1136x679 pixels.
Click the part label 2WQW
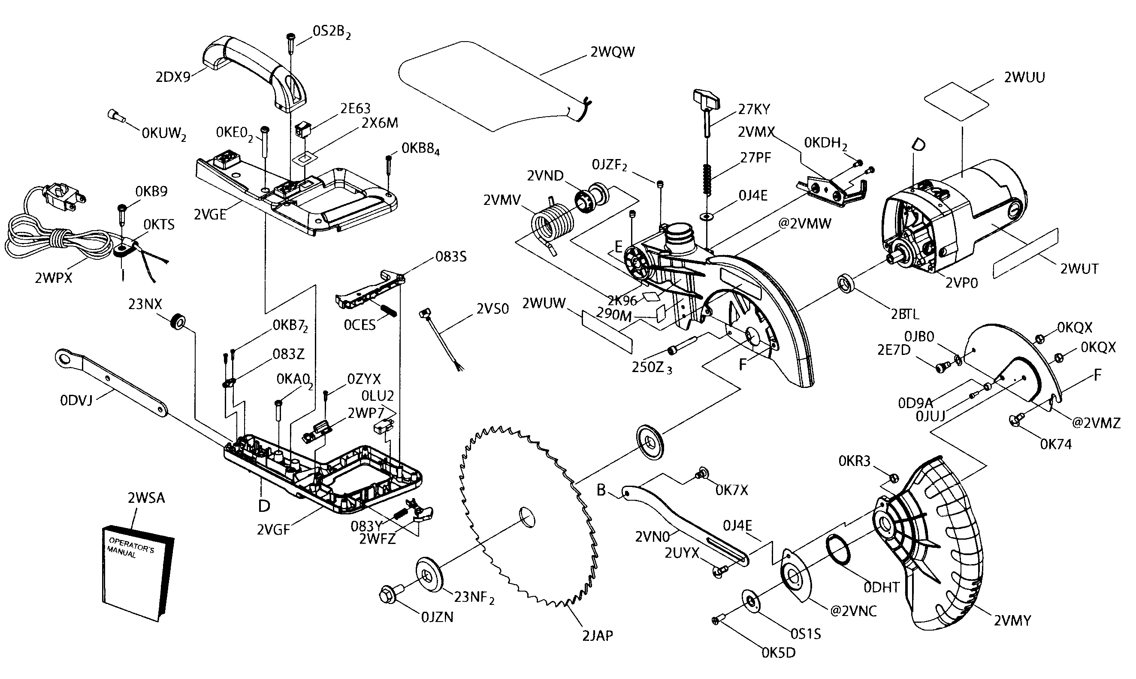(x=612, y=52)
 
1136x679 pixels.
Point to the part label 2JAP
(x=597, y=636)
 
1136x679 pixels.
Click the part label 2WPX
(x=54, y=278)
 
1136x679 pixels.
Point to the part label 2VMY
(x=1012, y=621)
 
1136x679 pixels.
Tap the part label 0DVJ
(x=76, y=400)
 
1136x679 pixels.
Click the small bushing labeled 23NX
(x=177, y=322)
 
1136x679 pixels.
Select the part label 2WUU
(x=1024, y=77)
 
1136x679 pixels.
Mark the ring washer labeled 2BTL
(x=845, y=284)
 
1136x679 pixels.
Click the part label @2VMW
(x=804, y=224)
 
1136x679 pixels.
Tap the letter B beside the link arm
(x=601, y=490)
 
